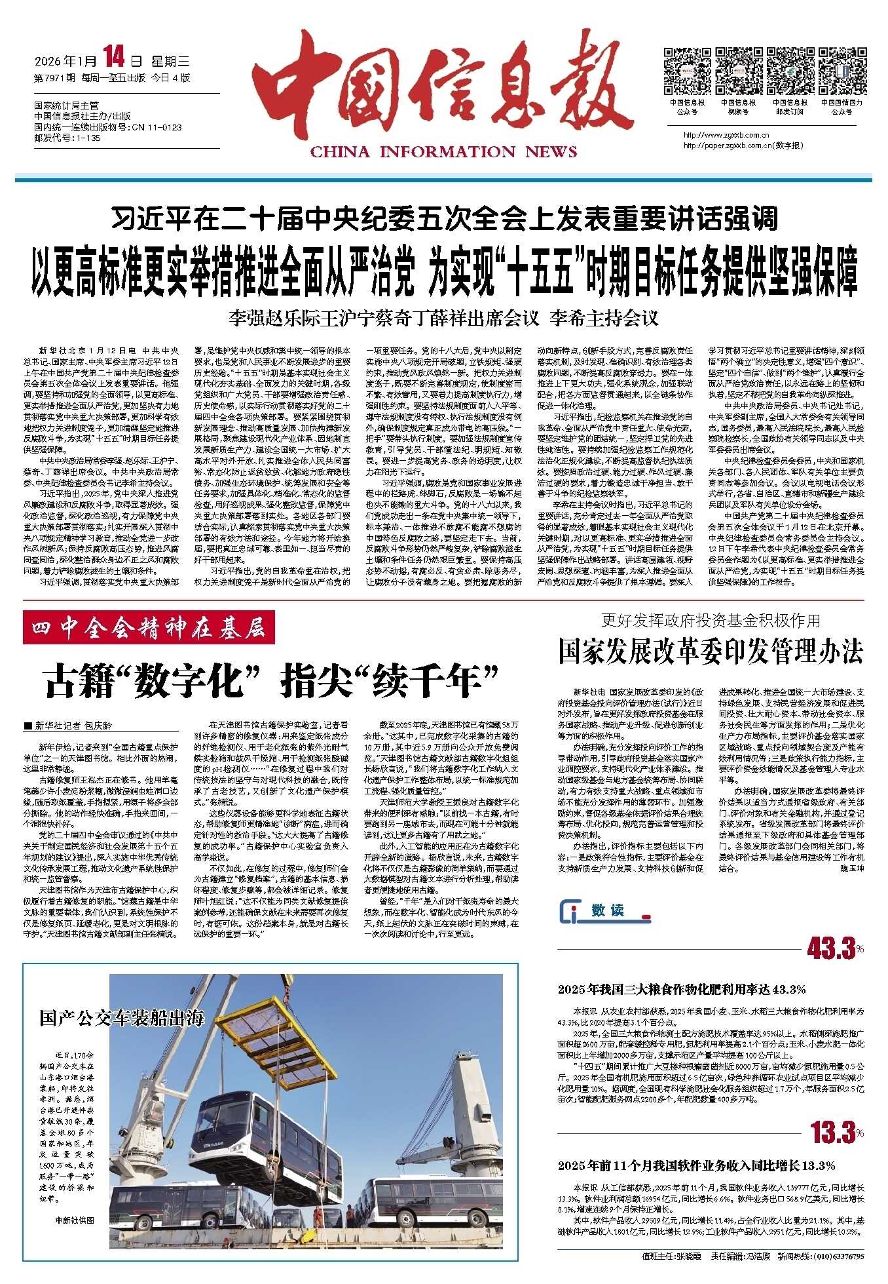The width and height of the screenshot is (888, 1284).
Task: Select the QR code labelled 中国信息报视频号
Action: pyautogui.click(x=738, y=71)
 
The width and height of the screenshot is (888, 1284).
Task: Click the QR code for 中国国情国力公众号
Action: pyautogui.click(x=842, y=71)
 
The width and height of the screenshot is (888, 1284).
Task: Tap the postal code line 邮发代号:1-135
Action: pyautogui.click(x=67, y=138)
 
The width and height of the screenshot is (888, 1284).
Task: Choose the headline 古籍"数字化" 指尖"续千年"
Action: pyautogui.click(x=272, y=680)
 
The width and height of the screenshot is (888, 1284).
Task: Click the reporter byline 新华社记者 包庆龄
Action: pyautogui.click(x=69, y=726)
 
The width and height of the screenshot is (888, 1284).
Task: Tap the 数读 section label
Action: pyautogui.click(x=606, y=910)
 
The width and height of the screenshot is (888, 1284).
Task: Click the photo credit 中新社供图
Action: pyautogui.click(x=75, y=1220)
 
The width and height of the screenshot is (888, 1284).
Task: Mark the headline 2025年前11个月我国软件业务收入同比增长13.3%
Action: pyautogui.click(x=697, y=1165)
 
